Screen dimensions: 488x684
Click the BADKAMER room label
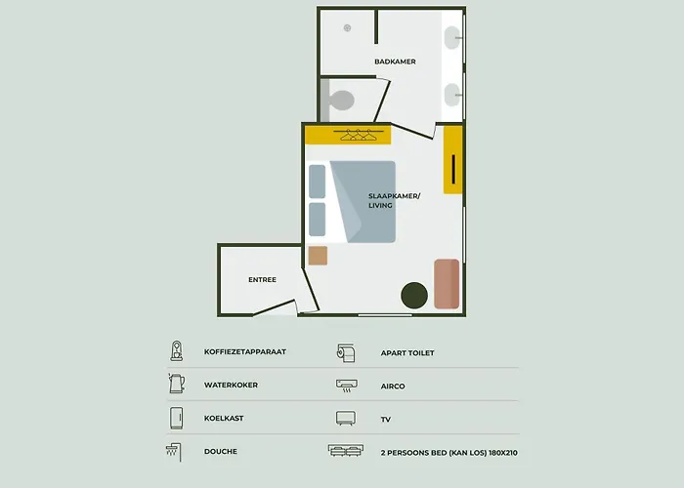[395, 61]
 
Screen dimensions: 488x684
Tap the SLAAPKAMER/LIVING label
[394, 200]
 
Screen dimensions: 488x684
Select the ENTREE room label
[262, 280]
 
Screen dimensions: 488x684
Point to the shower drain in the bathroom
[347, 27]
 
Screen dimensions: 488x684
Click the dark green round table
[415, 295]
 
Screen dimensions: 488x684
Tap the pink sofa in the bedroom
[447, 284]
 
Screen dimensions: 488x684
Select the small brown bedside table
[318, 256]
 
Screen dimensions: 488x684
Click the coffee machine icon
[176, 351]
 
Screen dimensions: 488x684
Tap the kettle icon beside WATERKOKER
[176, 385]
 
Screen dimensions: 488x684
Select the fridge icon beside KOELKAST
[176, 418]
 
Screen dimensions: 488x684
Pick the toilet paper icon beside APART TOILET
[346, 351]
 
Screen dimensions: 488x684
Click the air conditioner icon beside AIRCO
[346, 385]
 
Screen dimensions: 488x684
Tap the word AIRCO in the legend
[393, 386]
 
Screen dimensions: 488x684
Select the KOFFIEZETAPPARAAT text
[245, 352]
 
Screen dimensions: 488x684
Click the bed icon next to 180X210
[346, 451]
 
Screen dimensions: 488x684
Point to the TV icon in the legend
[346, 418]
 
